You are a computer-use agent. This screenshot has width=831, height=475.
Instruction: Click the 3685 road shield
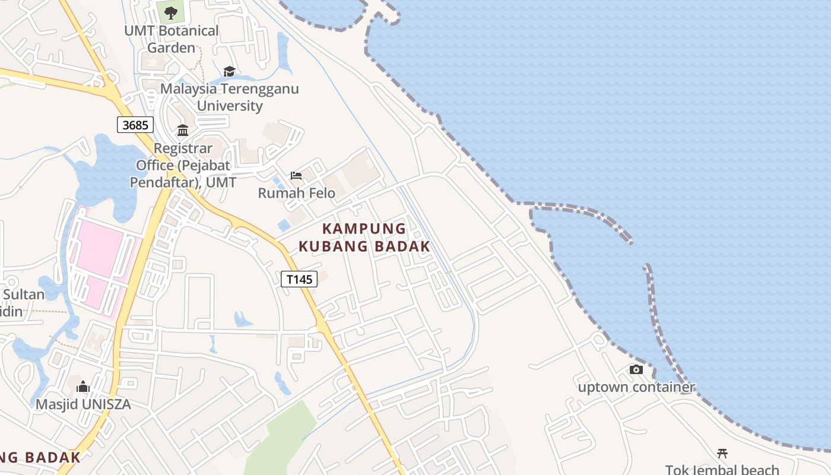(135, 125)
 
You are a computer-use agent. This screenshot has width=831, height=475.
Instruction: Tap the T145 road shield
(299, 279)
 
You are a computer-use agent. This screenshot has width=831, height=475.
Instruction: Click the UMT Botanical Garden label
(172, 39)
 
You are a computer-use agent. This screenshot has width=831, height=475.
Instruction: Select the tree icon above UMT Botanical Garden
(171, 12)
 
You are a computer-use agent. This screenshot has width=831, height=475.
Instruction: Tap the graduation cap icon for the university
(229, 72)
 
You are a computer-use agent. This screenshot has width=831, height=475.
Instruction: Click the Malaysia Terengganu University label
(230, 97)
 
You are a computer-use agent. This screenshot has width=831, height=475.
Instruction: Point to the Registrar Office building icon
(183, 130)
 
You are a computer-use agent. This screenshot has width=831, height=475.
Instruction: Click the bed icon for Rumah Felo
(296, 175)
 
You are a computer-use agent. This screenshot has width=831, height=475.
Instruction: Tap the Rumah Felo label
(296, 193)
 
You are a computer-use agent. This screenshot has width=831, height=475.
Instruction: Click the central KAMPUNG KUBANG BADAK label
(364, 237)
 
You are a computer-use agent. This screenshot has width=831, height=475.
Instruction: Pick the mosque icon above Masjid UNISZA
(83, 387)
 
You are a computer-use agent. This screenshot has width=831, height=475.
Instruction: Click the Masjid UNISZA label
(83, 404)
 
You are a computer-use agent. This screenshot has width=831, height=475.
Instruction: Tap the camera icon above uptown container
(636, 369)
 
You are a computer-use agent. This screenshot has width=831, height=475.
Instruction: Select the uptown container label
(636, 388)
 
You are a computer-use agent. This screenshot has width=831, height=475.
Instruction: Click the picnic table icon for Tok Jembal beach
(722, 454)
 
